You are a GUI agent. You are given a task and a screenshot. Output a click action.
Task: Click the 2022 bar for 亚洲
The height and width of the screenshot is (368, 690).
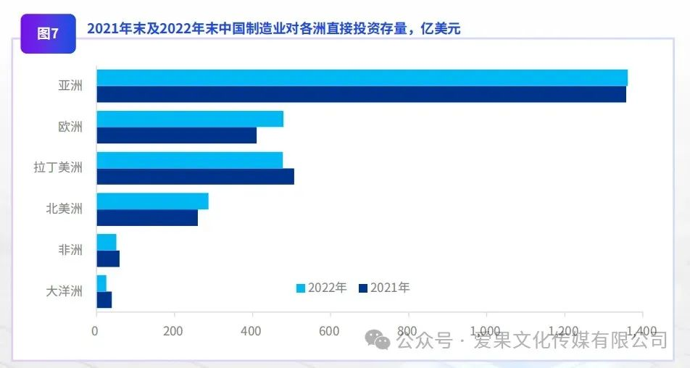(362, 78)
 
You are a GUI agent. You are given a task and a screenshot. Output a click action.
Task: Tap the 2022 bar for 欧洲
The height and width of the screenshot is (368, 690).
(190, 119)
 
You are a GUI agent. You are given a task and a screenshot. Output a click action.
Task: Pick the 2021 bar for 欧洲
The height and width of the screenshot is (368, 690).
(176, 135)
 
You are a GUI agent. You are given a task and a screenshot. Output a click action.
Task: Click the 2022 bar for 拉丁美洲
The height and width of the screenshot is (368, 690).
(189, 160)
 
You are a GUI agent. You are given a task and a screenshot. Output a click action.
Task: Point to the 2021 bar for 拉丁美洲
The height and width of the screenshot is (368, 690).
(195, 176)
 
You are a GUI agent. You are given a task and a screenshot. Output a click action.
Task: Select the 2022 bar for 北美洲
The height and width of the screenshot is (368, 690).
(152, 201)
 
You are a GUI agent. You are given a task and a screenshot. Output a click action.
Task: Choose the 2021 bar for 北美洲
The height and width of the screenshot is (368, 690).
(147, 217)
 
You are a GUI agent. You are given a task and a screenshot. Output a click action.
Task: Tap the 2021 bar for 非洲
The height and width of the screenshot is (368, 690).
(108, 259)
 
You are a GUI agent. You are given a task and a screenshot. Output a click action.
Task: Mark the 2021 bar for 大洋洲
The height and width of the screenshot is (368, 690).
(104, 299)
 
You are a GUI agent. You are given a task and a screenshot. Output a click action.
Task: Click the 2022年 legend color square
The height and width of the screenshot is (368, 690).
(301, 288)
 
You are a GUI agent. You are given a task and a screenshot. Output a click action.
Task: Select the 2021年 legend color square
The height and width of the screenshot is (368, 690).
(363, 288)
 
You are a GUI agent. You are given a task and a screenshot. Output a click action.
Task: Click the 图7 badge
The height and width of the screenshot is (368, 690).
(48, 34)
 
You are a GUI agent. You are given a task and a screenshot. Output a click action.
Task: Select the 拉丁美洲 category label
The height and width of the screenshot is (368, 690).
(58, 168)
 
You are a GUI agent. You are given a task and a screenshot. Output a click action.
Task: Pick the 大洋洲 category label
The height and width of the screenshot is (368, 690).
(65, 291)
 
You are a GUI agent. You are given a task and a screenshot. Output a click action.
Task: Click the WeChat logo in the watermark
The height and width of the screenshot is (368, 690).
(378, 338)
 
